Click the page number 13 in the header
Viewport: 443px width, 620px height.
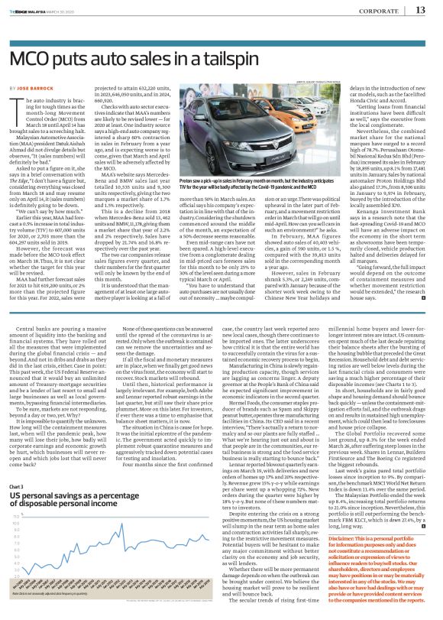pyautogui.click(x=419, y=10)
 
